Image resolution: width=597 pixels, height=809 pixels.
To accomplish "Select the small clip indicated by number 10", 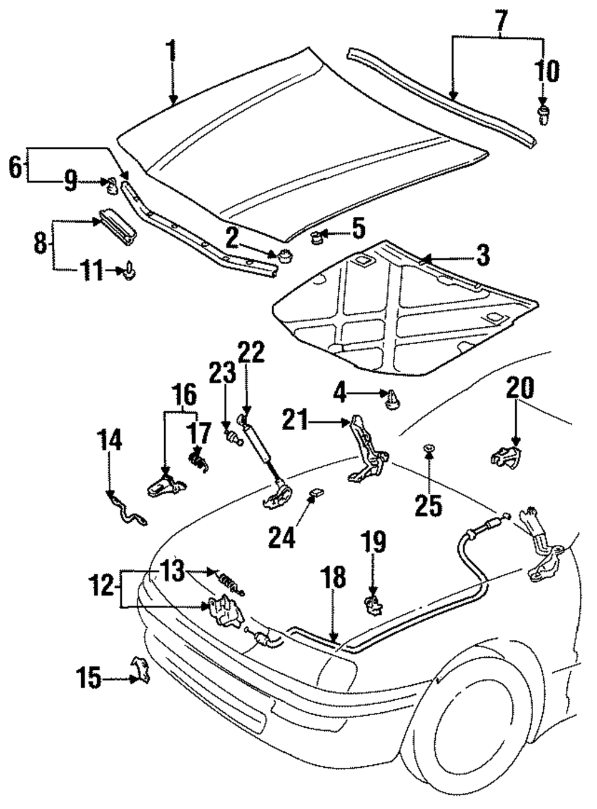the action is coord(543,116).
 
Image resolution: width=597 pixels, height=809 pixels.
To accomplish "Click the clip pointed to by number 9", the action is coord(112,185).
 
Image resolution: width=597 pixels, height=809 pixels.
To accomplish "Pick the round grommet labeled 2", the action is coord(284,256).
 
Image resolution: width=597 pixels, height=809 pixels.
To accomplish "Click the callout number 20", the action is coord(520,388).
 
